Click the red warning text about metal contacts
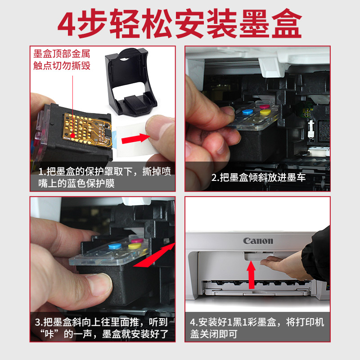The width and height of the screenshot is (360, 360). pos(62,59)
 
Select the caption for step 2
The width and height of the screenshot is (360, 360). pos(258,177)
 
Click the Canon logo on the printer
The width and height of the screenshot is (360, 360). pos(258,241)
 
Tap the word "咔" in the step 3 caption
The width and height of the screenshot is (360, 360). pos(49,334)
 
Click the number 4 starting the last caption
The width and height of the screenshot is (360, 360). pos(193,322)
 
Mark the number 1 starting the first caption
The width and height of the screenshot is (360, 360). pos(41,172)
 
